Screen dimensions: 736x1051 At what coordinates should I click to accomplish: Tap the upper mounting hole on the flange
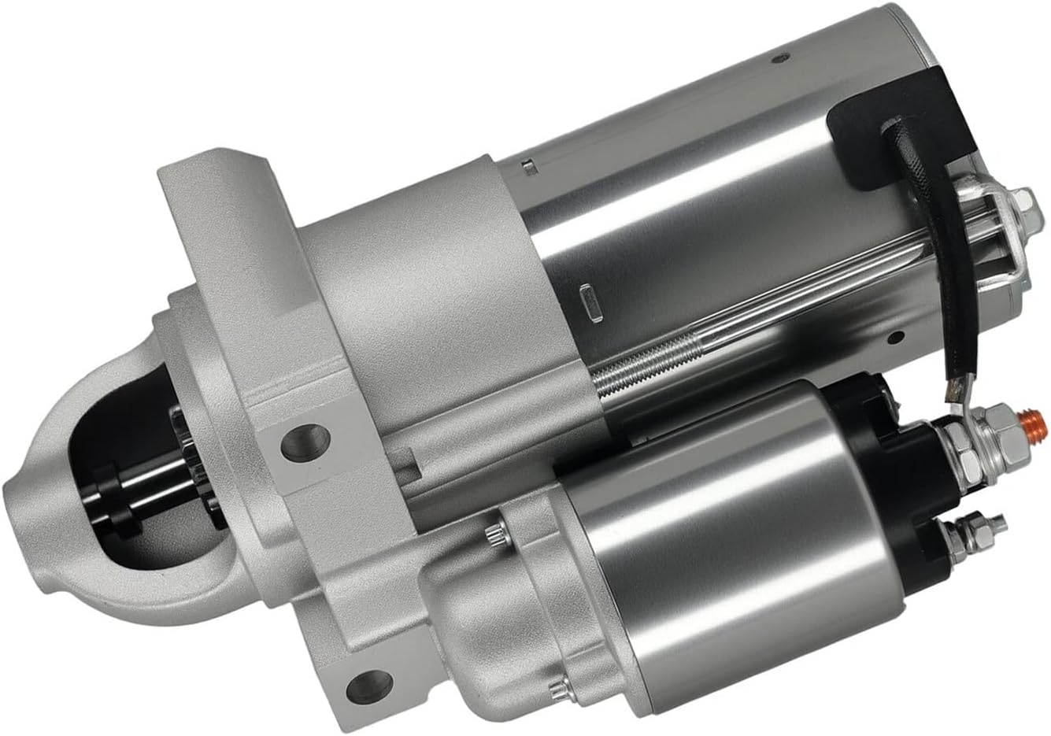[x=305, y=436]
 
